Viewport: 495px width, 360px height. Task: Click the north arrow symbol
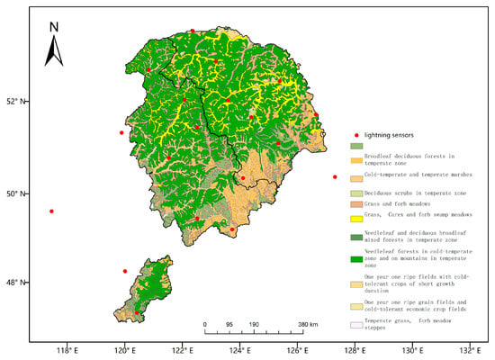tap(53, 49)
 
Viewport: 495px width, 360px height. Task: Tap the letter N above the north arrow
tap(53, 26)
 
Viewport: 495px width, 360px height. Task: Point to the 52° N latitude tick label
tap(16, 102)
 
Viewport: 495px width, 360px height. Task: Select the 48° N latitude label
tap(16, 283)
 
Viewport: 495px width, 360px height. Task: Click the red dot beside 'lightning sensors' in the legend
tap(353, 133)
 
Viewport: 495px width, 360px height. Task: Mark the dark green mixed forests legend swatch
tap(356, 238)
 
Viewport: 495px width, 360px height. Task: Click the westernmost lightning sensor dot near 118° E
tap(52, 211)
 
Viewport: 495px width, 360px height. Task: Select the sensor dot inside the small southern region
tap(137, 312)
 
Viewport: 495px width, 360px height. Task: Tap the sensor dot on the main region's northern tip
tap(192, 31)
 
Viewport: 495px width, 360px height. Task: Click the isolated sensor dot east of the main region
tap(335, 176)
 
